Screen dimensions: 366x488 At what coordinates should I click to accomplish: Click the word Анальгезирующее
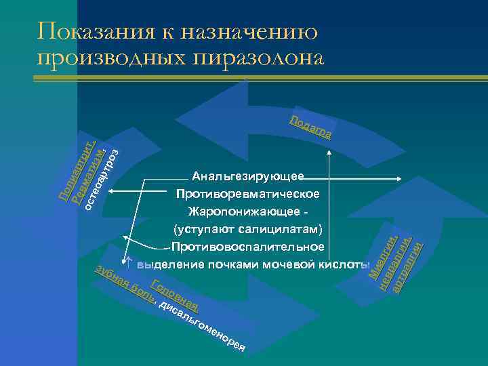click(x=248, y=177)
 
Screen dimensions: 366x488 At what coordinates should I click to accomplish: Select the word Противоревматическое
click(x=248, y=194)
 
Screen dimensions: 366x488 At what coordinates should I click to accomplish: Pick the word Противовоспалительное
click(x=248, y=245)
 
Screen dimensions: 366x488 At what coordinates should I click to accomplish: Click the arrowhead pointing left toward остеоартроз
click(x=110, y=194)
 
